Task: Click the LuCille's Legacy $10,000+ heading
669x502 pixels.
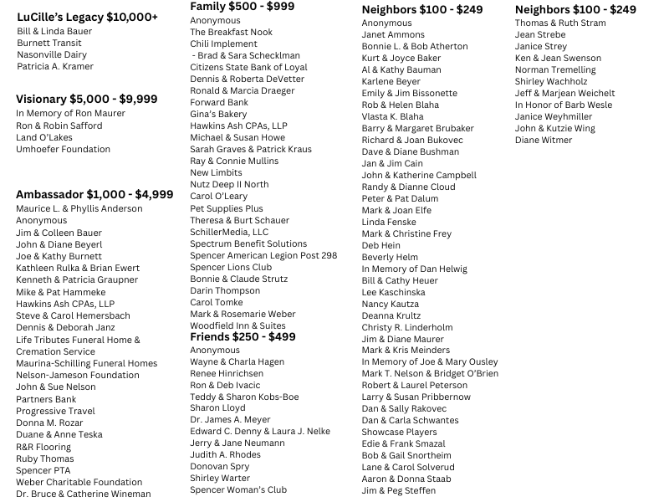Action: point(87,17)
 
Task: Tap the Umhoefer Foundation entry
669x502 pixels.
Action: point(63,149)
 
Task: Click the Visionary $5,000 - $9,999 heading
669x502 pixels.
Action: point(86,99)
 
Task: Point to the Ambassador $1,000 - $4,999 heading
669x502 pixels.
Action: point(94,194)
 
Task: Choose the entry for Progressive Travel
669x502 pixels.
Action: point(55,411)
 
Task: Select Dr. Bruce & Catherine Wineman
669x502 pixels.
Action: point(83,494)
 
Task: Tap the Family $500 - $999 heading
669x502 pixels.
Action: point(242,7)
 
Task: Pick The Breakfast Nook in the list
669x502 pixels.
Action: point(231,32)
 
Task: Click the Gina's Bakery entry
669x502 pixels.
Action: point(218,114)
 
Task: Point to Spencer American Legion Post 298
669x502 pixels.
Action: point(263,255)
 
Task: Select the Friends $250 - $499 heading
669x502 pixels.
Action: point(243,336)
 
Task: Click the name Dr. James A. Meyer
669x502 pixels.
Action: point(230,419)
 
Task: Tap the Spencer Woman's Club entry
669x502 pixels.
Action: point(238,489)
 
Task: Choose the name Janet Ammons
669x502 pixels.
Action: point(393,34)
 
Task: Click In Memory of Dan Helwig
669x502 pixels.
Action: point(414,269)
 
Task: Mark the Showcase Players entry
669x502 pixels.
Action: point(399,432)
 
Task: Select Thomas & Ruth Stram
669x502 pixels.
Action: point(560,23)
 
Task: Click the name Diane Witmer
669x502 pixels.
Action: point(544,140)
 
